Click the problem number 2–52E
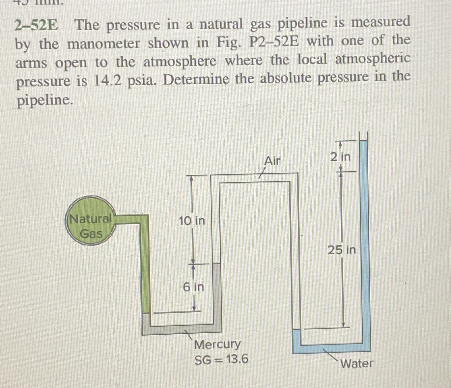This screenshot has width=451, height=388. click(x=36, y=25)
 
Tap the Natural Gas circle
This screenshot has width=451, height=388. click(x=91, y=226)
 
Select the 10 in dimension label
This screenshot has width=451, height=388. click(x=191, y=221)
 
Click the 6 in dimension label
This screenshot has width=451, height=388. click(x=193, y=287)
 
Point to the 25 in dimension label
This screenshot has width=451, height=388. click(x=342, y=250)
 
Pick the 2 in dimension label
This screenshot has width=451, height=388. click(x=340, y=157)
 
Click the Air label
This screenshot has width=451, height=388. click(x=272, y=161)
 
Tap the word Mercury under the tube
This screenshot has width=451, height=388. click(x=217, y=345)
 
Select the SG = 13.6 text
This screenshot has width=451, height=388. click(x=221, y=359)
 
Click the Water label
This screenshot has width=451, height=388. click(x=357, y=364)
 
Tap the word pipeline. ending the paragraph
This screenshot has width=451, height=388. click(x=44, y=100)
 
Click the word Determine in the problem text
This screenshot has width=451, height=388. click(x=196, y=79)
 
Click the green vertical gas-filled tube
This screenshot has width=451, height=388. click(x=145, y=263)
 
